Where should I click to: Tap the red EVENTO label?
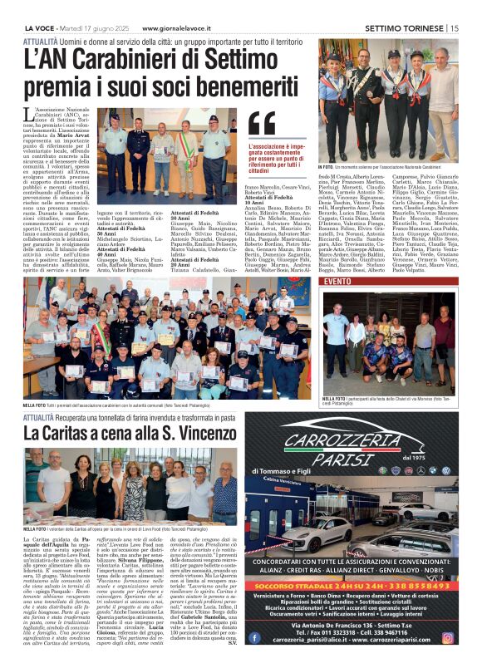[337, 282]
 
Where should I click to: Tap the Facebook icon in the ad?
[253, 638]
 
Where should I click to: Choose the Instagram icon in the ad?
[448, 638]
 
